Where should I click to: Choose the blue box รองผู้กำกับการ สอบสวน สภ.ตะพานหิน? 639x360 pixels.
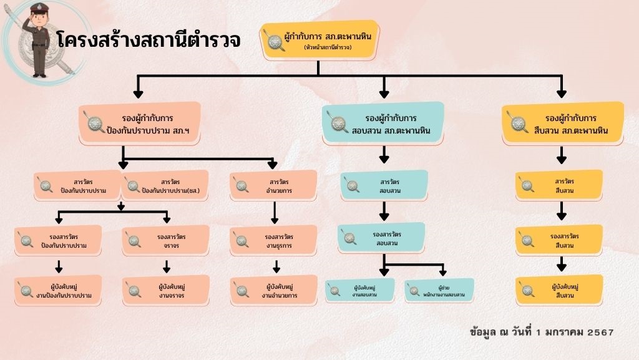click(x=383, y=124)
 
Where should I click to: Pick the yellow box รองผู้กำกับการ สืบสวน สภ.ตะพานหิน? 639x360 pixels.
click(x=562, y=124)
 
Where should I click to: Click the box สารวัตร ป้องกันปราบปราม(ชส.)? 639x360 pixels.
click(x=165, y=185)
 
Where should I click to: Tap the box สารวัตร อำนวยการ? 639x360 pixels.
click(x=273, y=185)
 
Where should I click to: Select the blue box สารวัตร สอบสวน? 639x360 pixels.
click(x=383, y=185)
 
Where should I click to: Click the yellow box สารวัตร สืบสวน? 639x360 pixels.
click(x=559, y=185)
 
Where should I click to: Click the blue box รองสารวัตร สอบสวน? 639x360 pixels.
click(x=381, y=238)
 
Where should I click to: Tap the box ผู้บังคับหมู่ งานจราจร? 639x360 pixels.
click(x=165, y=290)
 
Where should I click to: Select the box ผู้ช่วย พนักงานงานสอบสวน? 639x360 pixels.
click(x=439, y=290)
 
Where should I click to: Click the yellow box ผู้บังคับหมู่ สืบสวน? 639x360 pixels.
click(x=559, y=290)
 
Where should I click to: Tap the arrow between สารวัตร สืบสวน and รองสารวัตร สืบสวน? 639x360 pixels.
click(x=561, y=212)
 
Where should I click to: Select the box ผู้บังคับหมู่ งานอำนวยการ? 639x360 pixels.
click(x=273, y=290)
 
